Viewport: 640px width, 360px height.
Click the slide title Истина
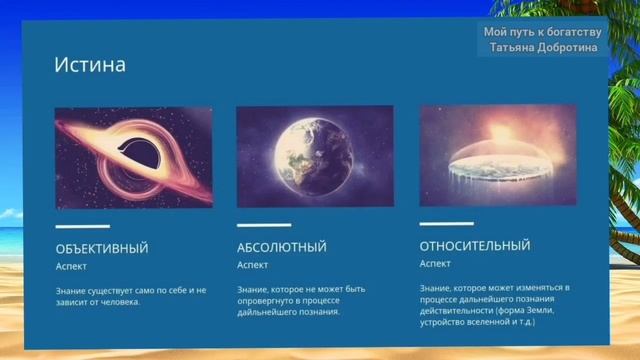(x=90, y=66)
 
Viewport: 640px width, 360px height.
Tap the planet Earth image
(x=315, y=156)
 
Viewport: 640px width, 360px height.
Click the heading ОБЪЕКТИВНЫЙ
(x=102, y=248)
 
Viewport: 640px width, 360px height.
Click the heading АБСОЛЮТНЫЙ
(x=281, y=247)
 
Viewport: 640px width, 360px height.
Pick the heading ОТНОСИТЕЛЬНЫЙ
(x=475, y=246)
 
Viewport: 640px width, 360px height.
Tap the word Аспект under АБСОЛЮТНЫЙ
(x=252, y=266)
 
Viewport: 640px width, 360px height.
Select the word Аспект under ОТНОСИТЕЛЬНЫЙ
(x=435, y=264)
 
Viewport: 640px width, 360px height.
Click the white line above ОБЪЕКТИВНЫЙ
(x=82, y=226)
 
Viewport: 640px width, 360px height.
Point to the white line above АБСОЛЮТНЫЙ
(x=264, y=225)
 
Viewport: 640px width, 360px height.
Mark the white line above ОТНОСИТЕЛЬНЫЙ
(x=446, y=223)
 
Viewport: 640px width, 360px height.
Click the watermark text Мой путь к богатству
(x=542, y=32)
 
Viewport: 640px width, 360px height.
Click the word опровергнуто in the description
(x=265, y=300)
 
